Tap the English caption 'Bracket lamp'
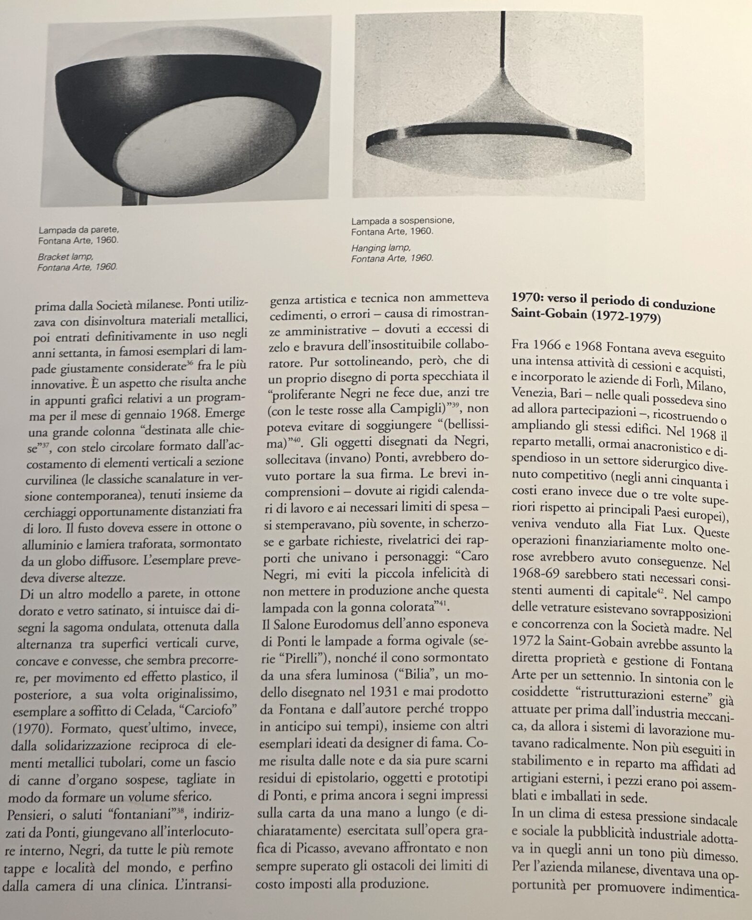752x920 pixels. (x=65, y=257)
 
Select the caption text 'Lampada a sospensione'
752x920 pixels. (x=402, y=221)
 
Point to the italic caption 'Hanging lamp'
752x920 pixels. (x=381, y=248)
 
